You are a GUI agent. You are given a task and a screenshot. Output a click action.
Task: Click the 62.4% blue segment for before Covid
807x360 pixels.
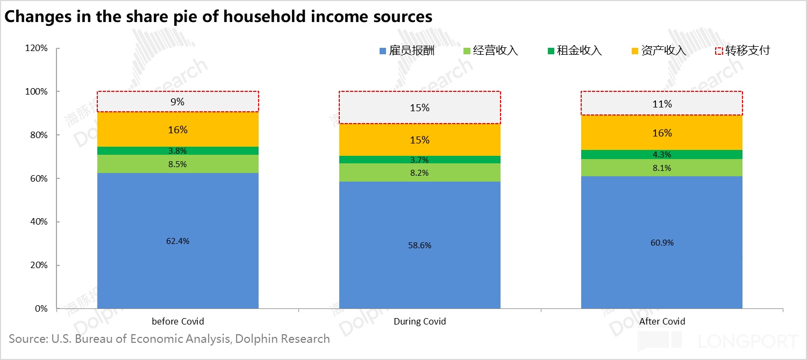pos(177,241)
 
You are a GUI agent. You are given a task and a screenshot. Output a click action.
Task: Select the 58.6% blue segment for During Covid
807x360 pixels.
pos(419,245)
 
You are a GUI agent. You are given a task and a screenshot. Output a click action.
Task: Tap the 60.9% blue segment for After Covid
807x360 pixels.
pos(662,242)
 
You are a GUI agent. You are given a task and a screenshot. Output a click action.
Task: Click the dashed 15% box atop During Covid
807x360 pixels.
pos(419,107)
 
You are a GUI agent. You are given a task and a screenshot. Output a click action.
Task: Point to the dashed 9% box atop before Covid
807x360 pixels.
pos(177,102)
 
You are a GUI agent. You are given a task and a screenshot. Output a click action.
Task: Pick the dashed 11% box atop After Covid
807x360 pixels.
pos(662,103)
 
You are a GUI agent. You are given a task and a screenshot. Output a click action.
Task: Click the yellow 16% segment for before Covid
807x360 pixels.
pos(177,129)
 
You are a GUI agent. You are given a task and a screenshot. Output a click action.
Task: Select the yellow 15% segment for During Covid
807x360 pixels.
pos(419,140)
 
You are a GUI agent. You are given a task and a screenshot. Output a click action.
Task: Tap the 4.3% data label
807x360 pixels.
pos(662,155)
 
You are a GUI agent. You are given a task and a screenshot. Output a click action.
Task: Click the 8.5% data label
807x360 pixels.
pos(177,164)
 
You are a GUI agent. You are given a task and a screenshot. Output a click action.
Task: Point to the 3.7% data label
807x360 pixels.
pos(419,160)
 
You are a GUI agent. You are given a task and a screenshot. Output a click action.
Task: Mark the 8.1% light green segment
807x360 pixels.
pos(662,168)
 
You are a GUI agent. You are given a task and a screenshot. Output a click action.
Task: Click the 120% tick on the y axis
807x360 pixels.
pos(37,48)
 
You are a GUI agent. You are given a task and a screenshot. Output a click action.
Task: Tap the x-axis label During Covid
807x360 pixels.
pos(419,322)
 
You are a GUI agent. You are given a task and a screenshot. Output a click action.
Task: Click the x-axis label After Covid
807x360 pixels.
pos(662,322)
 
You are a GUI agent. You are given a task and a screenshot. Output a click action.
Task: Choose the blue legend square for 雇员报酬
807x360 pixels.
pos(383,51)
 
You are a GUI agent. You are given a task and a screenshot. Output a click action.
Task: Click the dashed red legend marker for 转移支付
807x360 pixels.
pos(718,51)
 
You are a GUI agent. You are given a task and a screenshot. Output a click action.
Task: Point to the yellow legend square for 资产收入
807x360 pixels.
pos(635,51)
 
